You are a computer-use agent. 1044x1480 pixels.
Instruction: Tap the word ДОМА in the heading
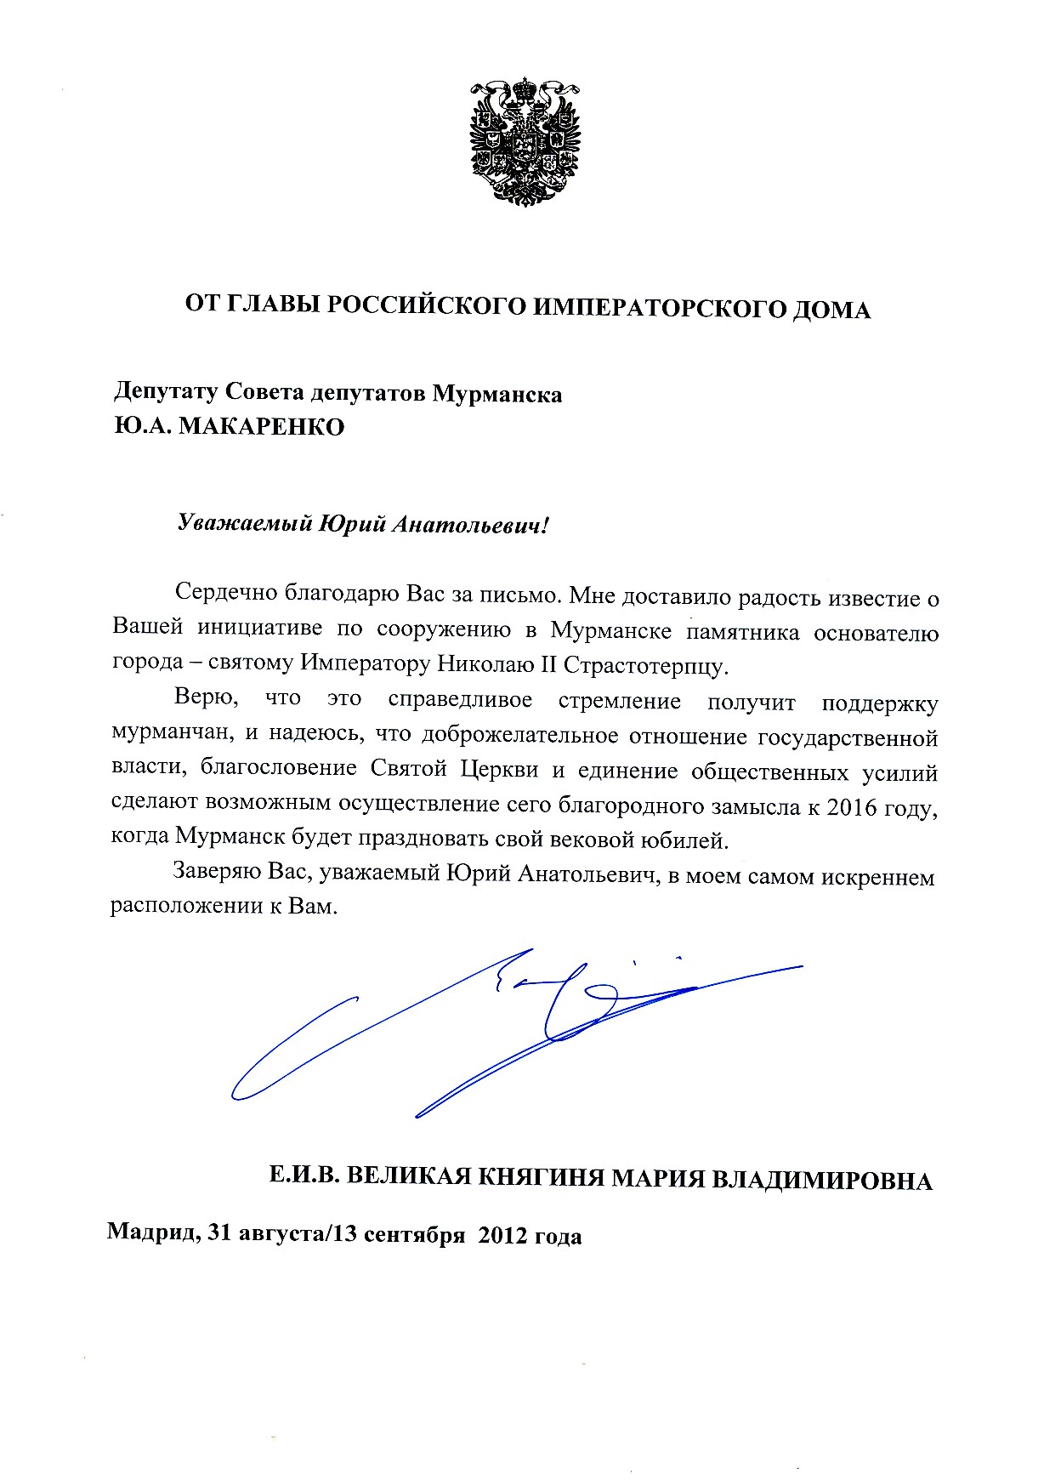tap(831, 309)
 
